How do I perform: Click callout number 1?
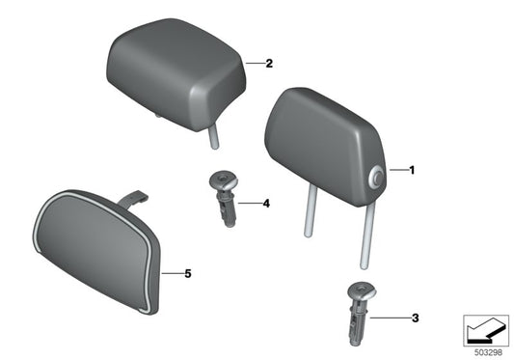pos(414,172)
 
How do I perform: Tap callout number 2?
pos(269,64)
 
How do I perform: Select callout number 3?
pos(414,317)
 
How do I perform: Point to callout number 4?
pos(267,204)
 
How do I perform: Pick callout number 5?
pos(188,274)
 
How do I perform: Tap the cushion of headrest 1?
pos(318,145)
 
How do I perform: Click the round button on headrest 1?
pos(375,176)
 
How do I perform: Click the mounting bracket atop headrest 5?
pos(133,199)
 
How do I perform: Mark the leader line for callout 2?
pos(252,64)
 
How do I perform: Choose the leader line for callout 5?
pos(171,274)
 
